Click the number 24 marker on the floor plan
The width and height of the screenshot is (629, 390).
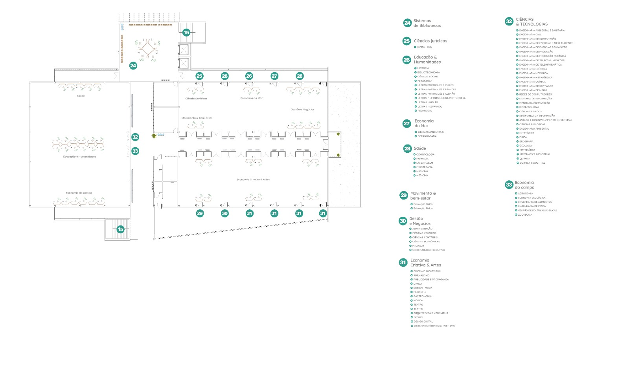point(133,66)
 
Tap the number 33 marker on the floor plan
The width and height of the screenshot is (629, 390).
point(135,151)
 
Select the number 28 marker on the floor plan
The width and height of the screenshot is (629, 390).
point(300,76)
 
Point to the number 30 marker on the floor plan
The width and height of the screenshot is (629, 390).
point(224,213)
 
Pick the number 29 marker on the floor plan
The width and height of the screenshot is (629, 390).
point(200,213)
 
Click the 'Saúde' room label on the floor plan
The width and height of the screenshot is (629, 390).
point(81,96)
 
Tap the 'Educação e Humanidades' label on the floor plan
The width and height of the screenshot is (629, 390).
point(79,157)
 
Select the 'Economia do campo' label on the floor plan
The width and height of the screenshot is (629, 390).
point(79,193)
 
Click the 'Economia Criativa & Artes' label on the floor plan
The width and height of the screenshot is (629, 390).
point(253,179)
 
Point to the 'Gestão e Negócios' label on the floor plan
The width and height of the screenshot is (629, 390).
point(302,110)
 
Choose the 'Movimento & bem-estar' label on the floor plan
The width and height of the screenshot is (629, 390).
point(197,118)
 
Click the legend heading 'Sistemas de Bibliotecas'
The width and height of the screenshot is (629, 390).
point(427,23)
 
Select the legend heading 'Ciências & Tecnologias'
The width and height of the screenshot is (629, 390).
point(532,22)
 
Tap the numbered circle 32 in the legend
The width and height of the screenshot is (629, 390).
point(509,22)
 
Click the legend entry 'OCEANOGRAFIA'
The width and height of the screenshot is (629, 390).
point(427,136)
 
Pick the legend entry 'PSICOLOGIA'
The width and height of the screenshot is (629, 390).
point(425,81)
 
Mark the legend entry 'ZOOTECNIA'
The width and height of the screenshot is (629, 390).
point(525,215)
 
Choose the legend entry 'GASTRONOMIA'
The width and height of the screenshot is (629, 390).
point(422,297)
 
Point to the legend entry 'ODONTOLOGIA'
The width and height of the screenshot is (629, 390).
point(425,154)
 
